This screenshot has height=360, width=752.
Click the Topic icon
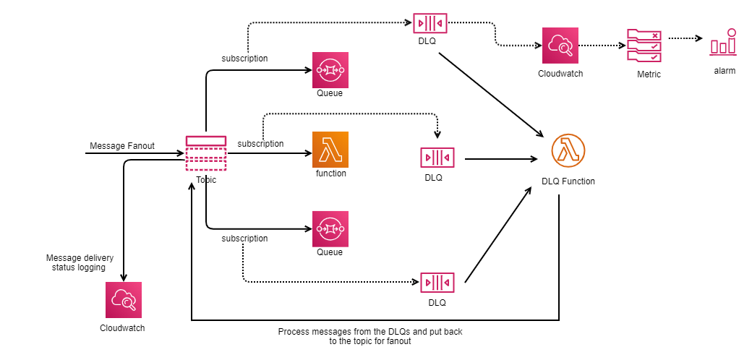pyautogui.click(x=206, y=153)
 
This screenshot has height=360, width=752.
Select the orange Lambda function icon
pyautogui.click(x=330, y=150)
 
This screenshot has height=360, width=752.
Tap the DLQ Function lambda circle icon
pyautogui.click(x=568, y=151)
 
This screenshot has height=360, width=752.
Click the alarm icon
pyautogui.click(x=724, y=43)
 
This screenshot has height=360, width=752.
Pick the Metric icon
pyautogui.click(x=644, y=46)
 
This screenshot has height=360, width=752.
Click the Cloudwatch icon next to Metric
pyautogui.click(x=560, y=46)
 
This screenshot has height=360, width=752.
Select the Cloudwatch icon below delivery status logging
pyautogui.click(x=123, y=300)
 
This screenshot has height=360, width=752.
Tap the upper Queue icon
pyautogui.click(x=330, y=69)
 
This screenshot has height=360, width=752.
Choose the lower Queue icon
pyautogui.click(x=330, y=228)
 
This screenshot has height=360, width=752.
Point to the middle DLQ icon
pyautogui.click(x=437, y=157)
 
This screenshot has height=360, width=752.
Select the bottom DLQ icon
pyautogui.click(x=437, y=282)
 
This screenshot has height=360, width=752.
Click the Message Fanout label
pyautogui.click(x=121, y=146)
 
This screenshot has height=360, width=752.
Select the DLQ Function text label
pyautogui.click(x=568, y=181)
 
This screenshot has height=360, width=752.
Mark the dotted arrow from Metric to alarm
pyautogui.click(x=685, y=38)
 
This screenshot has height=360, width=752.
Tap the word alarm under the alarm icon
pyautogui.click(x=725, y=71)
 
